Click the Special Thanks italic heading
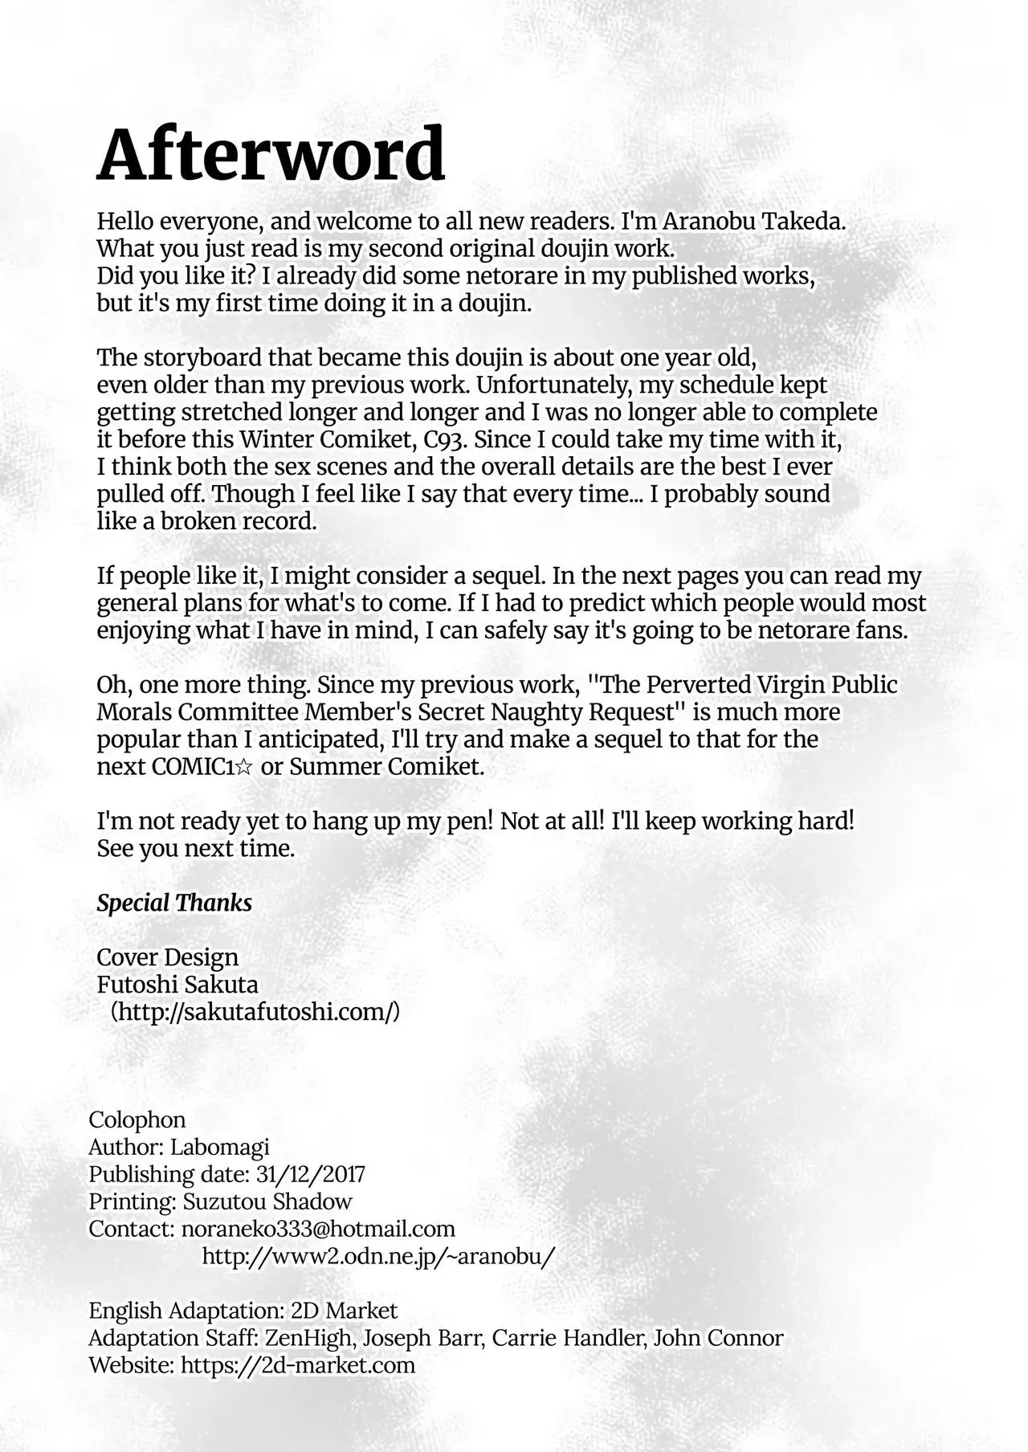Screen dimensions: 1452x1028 click(x=174, y=903)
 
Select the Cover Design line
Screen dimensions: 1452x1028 click(x=167, y=957)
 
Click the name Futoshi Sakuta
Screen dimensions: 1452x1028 click(x=177, y=985)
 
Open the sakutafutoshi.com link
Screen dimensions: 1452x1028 click(x=255, y=1012)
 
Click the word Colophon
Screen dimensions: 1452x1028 click(x=137, y=1120)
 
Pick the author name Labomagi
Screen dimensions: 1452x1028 click(x=219, y=1148)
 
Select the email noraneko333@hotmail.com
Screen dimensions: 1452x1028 click(x=318, y=1230)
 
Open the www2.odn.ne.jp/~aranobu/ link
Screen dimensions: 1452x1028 click(x=378, y=1257)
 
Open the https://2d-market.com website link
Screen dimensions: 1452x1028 click(x=298, y=1366)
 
